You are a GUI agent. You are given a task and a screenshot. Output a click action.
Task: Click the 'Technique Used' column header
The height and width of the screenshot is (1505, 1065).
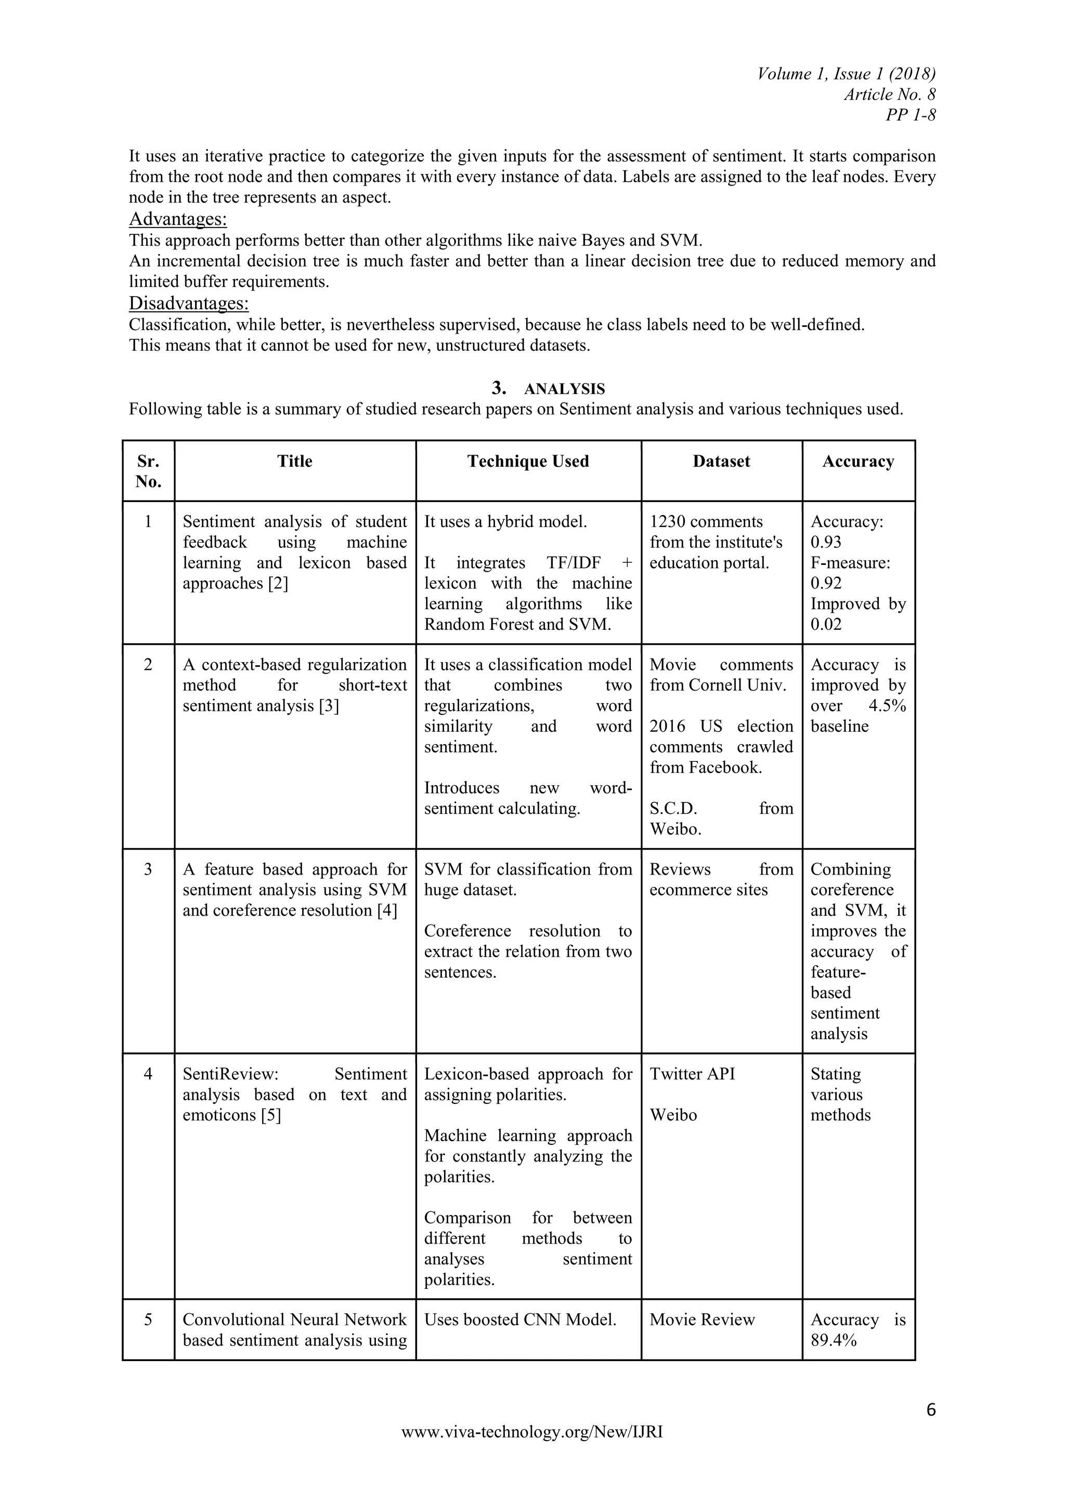point(528,461)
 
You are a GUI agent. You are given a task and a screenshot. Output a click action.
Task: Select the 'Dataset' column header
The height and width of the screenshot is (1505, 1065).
point(721,461)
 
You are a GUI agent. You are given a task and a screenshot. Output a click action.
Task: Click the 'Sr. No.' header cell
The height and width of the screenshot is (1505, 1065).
point(148,471)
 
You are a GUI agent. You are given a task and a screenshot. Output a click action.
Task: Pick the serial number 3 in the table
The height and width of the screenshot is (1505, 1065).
point(148,870)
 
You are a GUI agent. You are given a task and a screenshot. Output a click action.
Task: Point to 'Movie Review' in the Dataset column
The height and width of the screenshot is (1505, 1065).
point(702,1319)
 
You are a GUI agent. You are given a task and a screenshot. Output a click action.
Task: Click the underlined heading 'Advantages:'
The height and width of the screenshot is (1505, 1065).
point(178,218)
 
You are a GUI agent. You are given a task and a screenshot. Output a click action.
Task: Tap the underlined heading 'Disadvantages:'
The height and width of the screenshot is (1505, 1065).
point(189,303)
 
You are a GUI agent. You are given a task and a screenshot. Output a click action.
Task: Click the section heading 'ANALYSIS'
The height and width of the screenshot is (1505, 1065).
point(564,389)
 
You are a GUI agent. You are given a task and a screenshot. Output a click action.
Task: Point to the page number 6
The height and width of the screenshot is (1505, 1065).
point(930,1409)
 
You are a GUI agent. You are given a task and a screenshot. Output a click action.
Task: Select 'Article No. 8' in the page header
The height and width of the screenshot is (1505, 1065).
point(889,95)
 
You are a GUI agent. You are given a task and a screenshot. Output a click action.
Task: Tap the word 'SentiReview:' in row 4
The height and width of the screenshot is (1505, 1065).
point(231,1074)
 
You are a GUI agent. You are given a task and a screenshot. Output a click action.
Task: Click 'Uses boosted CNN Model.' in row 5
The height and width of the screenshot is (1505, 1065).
point(520,1319)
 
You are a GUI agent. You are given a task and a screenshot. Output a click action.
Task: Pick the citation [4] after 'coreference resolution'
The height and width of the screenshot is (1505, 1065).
point(387,910)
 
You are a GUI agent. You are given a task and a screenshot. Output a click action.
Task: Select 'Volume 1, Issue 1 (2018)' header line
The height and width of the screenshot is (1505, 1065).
point(846,73)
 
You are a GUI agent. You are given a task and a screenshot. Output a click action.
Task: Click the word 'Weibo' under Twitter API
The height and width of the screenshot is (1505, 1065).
point(673,1115)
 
